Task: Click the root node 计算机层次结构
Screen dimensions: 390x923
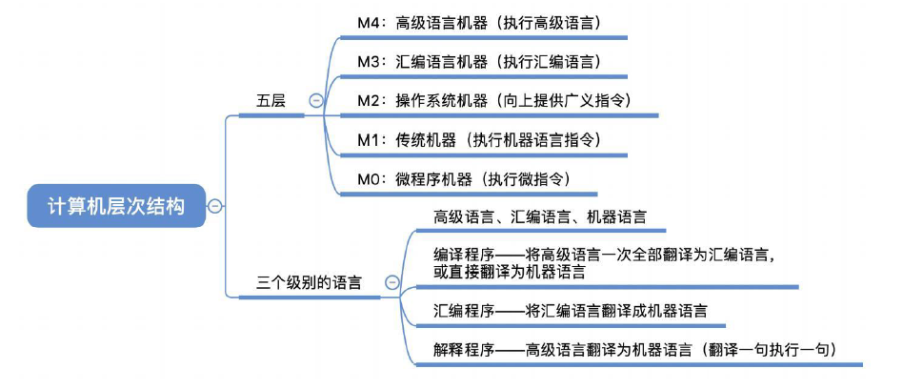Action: [116, 205]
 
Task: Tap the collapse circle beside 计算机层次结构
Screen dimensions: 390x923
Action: [215, 205]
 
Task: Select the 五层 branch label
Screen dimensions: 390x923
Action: [271, 100]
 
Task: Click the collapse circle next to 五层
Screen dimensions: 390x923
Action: [316, 100]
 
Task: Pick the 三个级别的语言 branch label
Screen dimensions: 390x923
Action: [309, 282]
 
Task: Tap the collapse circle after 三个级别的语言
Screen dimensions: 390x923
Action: [391, 282]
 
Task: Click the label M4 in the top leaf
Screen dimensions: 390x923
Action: [368, 20]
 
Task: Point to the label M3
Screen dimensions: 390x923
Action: [368, 61]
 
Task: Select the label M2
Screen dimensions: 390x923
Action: [368, 100]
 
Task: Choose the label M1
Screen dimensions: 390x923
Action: [367, 140]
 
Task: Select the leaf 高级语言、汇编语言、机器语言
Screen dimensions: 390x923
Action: [539, 217]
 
